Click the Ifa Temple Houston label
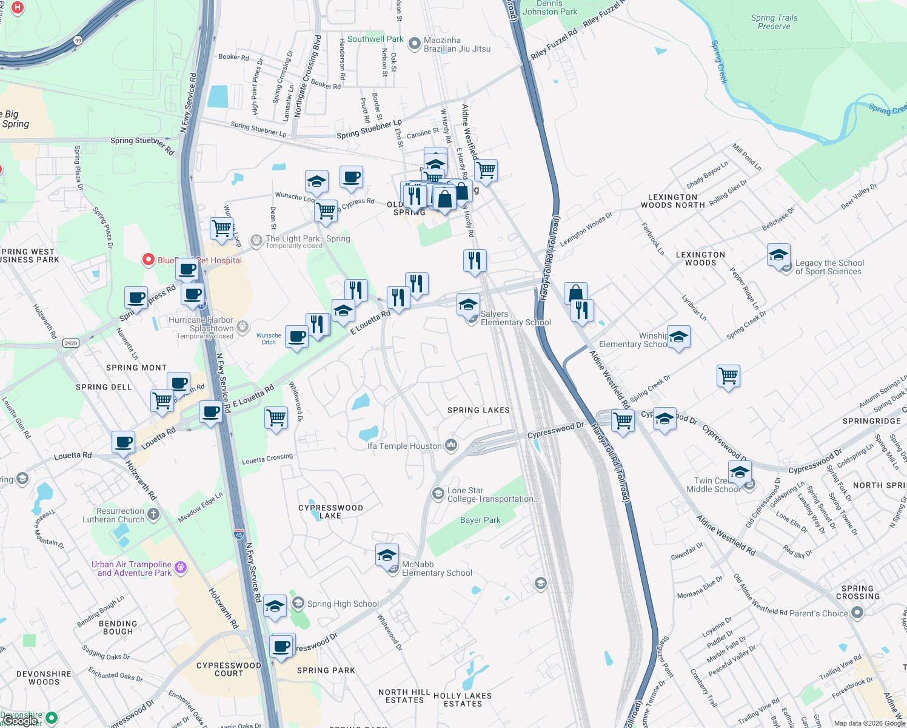(404, 446)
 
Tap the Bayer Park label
(480, 520)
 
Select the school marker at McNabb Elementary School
(387, 556)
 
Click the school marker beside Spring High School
(275, 606)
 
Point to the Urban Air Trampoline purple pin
(180, 568)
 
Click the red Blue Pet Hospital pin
(148, 260)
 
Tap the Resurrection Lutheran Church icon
(153, 515)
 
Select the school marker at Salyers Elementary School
(468, 305)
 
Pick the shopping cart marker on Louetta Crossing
(276, 418)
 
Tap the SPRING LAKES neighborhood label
(478, 410)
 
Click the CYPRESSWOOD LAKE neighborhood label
(330, 511)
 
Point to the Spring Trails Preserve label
(774, 22)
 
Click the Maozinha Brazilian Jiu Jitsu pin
(414, 44)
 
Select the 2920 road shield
(71, 343)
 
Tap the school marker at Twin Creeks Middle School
(739, 472)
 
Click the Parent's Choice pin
(857, 613)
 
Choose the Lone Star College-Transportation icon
(438, 494)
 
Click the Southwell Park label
(375, 39)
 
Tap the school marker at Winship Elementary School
(678, 337)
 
